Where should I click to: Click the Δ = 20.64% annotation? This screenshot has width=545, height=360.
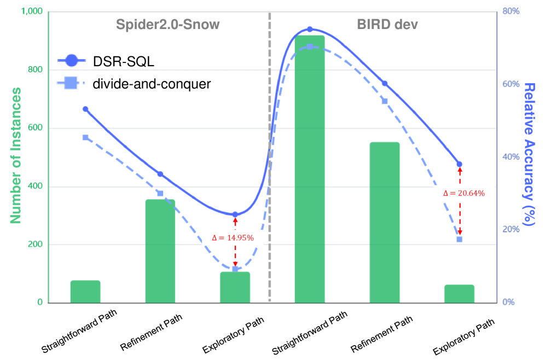point(464,193)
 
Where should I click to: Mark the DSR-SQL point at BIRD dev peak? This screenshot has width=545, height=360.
point(310,29)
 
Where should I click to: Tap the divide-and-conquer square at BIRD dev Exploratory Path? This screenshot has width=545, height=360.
point(459,239)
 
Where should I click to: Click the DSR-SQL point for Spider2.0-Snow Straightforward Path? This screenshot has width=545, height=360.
point(85,109)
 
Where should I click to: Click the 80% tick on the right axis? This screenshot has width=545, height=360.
point(511,11)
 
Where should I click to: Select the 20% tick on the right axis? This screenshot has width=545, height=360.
point(511,229)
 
